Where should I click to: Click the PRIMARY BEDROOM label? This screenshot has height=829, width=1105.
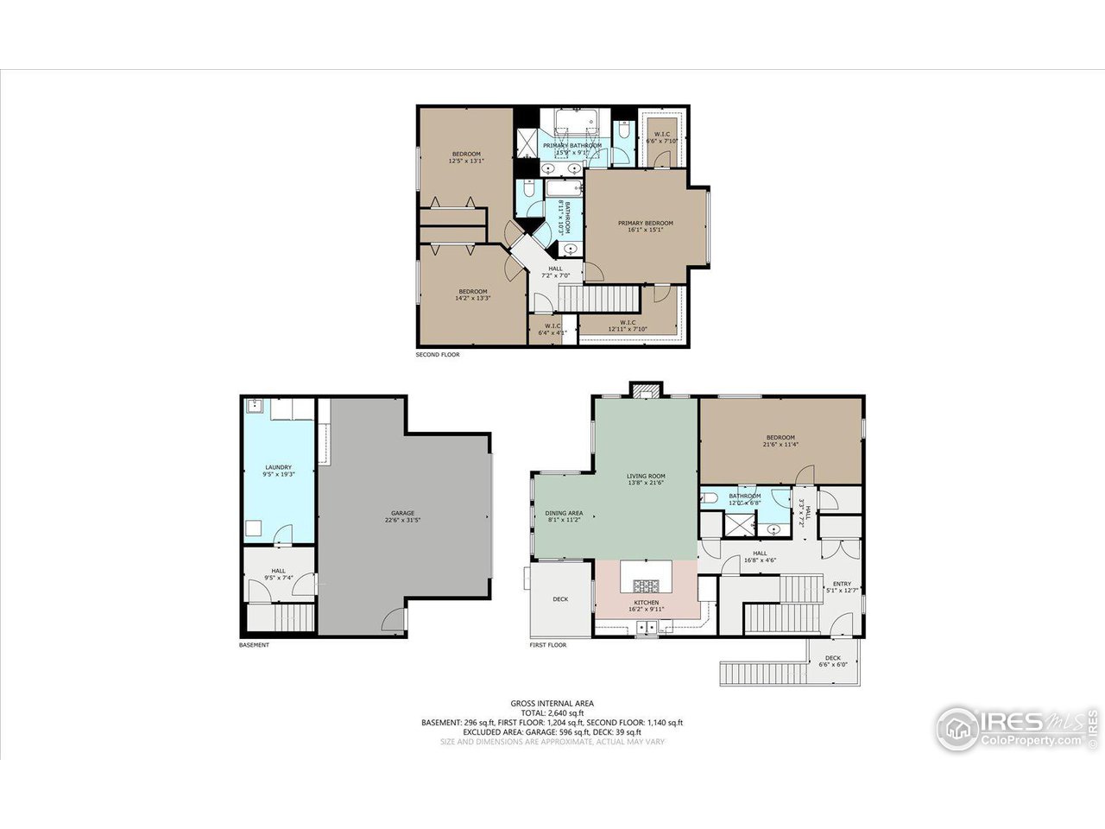pyautogui.click(x=645, y=223)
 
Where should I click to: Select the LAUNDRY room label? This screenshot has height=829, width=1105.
pyautogui.click(x=278, y=468)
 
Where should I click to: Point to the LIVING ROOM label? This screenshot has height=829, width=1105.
pyautogui.click(x=646, y=476)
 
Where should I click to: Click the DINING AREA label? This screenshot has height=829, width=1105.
pyautogui.click(x=564, y=513)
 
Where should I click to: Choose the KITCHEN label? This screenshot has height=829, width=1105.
pyautogui.click(x=647, y=603)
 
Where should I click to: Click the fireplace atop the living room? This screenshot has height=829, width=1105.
pyautogui.click(x=644, y=390)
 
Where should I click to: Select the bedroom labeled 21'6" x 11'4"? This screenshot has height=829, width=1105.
pyautogui.click(x=779, y=441)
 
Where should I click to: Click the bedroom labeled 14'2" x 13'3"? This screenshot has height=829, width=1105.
pyautogui.click(x=472, y=294)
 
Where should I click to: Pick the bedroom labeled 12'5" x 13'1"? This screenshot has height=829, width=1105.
pyautogui.click(x=466, y=157)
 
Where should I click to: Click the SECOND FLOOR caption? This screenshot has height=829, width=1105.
pyautogui.click(x=438, y=355)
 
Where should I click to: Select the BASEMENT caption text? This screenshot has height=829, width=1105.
pyautogui.click(x=254, y=645)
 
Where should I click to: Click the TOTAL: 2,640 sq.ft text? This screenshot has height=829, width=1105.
pyautogui.click(x=552, y=712)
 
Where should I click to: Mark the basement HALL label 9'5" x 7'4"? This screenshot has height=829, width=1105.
pyautogui.click(x=279, y=574)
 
